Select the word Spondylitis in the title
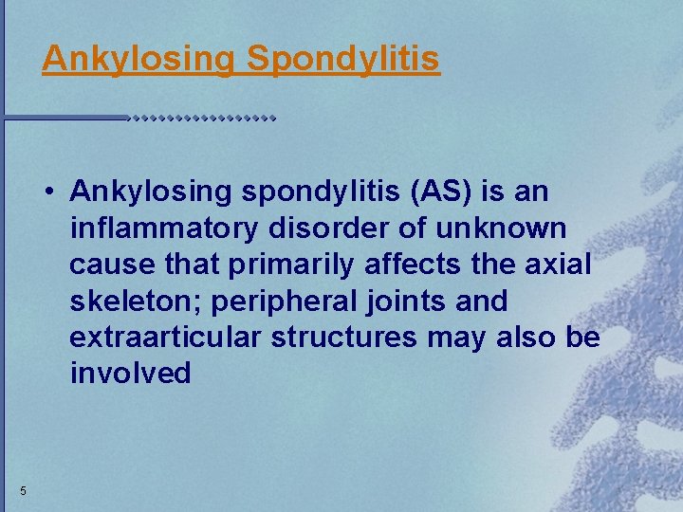point(343,60)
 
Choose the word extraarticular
point(166,338)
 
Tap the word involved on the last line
point(130,374)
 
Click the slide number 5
point(23,490)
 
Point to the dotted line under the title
point(201,119)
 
